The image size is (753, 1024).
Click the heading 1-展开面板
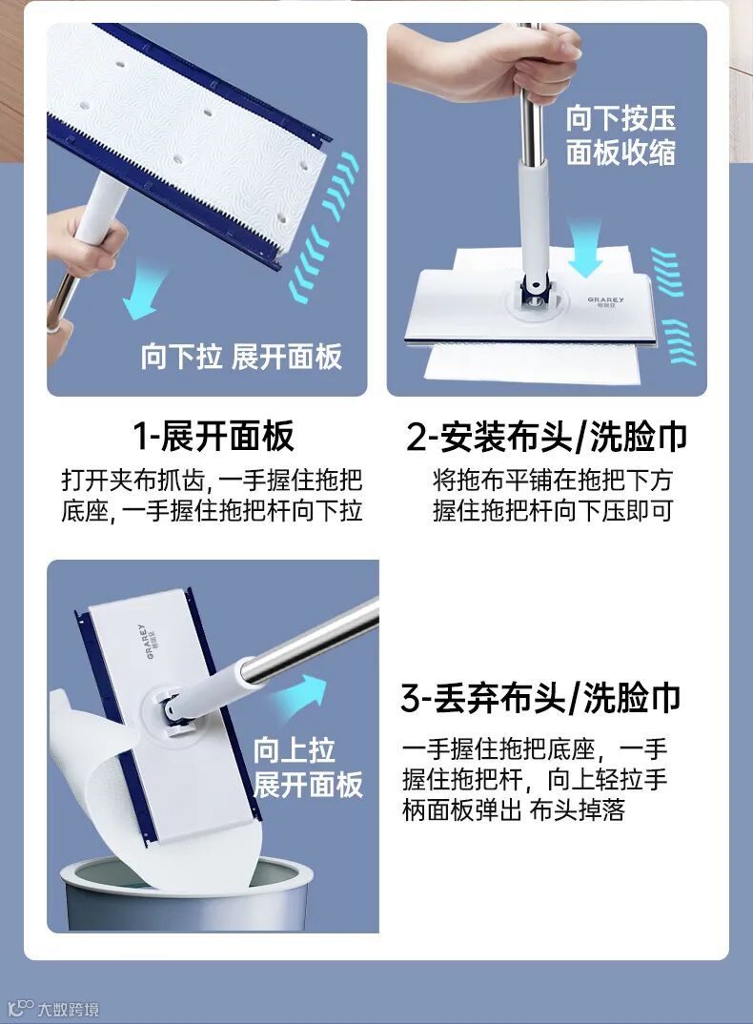(x=214, y=437)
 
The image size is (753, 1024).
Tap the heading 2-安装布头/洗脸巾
(x=546, y=437)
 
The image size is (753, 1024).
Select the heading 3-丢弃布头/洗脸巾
(x=540, y=698)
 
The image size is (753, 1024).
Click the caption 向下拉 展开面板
(x=241, y=357)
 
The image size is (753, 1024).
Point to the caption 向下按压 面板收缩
(x=621, y=135)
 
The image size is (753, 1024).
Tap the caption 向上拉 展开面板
(x=308, y=768)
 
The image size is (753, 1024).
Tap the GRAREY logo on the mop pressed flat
(x=605, y=302)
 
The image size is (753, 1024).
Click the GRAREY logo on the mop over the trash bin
(x=146, y=641)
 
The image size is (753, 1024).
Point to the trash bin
(x=186, y=894)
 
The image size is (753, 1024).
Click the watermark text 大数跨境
(x=68, y=1009)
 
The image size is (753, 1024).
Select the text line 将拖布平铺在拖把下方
(x=552, y=481)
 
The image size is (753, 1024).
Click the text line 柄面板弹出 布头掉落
(x=514, y=809)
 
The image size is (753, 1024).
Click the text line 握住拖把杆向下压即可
(x=552, y=511)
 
